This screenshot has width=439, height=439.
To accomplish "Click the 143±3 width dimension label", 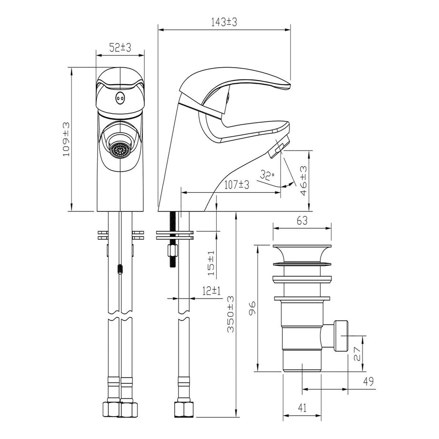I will click(x=224, y=22).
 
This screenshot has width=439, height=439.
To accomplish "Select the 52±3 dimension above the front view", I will click(x=120, y=47).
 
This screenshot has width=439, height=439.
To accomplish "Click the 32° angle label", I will click(x=267, y=175).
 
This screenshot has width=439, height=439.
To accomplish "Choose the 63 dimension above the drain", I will click(x=301, y=220).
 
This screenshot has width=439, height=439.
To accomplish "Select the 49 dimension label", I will click(x=368, y=381).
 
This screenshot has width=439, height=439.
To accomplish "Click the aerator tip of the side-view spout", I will click(x=276, y=150).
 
